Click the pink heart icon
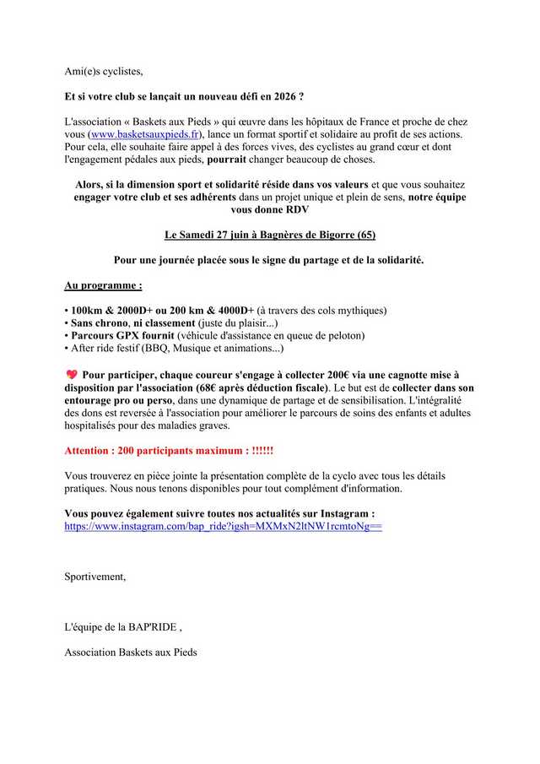pos(71,374)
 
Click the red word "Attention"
pos(89,451)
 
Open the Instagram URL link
pos(223,526)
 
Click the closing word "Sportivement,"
pos(94,577)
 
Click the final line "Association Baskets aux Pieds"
pos(131,653)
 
